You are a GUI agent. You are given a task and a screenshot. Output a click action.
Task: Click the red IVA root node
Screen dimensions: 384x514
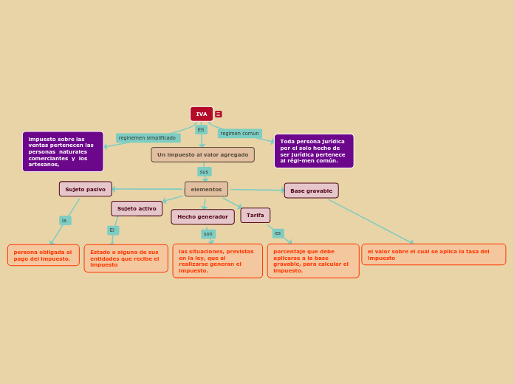tap(202, 114)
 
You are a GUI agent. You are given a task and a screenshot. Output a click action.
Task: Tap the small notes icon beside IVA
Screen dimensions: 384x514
tap(219, 114)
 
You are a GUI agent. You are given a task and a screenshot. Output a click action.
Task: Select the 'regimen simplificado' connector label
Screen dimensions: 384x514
tap(148, 138)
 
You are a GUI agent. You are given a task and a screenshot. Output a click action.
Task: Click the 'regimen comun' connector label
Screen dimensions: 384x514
tap(239, 134)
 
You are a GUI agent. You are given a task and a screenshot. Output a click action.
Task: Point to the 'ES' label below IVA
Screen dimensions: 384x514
tap(201, 129)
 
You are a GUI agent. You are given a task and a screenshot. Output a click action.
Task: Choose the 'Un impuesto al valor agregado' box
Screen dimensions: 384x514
tap(202, 154)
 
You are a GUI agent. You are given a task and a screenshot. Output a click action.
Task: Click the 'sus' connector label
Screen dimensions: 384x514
tap(204, 171)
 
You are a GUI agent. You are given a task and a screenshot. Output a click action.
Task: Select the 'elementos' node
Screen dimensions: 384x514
tap(206, 189)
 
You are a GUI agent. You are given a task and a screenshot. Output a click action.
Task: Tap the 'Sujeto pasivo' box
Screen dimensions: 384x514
tap(86, 189)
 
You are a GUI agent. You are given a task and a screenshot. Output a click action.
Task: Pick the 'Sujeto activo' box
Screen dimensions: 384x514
tap(137, 208)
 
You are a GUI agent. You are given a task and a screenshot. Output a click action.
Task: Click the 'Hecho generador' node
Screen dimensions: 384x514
tap(202, 216)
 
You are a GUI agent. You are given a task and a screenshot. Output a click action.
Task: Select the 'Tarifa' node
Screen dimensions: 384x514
tap(255, 215)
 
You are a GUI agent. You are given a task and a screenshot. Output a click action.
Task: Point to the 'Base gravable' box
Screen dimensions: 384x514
tap(311, 191)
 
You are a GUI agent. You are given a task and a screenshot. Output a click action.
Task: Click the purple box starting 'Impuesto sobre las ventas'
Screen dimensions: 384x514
tap(63, 151)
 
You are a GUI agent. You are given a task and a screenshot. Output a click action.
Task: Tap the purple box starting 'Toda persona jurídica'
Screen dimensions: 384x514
tap(314, 151)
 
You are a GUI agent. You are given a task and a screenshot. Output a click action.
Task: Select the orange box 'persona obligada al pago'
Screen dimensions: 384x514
tap(44, 255)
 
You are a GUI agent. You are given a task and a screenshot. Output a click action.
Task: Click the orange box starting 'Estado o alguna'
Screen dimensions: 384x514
tap(126, 258)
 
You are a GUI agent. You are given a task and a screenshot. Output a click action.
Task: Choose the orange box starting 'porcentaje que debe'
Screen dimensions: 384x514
tap(313, 261)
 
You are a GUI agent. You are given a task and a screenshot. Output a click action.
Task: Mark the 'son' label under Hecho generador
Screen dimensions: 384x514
tap(208, 234)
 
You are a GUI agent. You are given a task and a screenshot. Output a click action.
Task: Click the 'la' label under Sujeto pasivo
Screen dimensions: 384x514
tap(65, 220)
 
